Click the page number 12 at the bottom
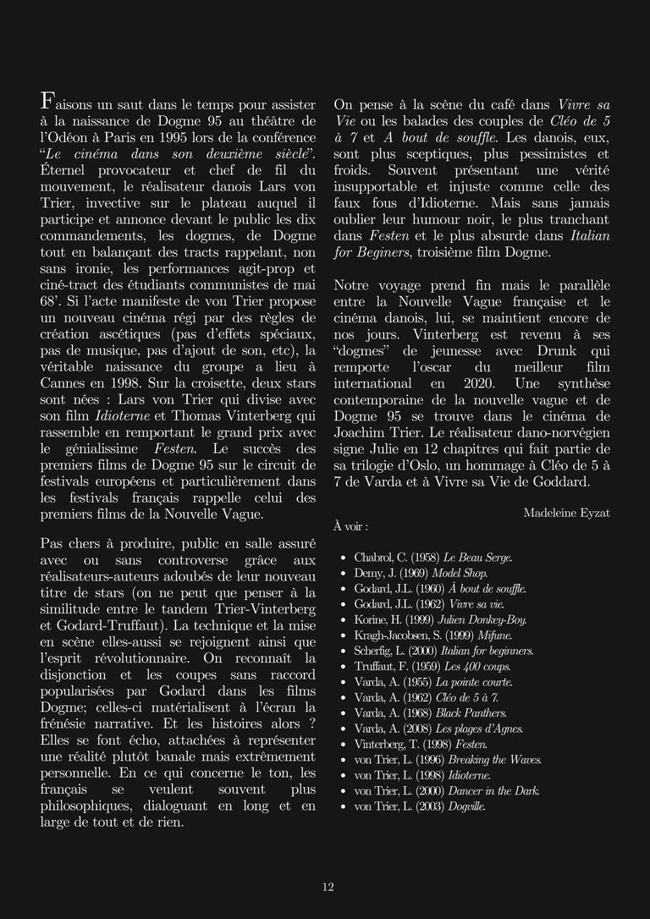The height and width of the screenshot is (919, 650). coord(328,887)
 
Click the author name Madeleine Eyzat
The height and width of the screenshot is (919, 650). coord(566,513)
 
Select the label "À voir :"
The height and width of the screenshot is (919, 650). coord(350,526)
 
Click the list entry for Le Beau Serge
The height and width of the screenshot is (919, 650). coord(432,557)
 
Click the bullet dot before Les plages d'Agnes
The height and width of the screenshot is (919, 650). coord(343,729)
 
